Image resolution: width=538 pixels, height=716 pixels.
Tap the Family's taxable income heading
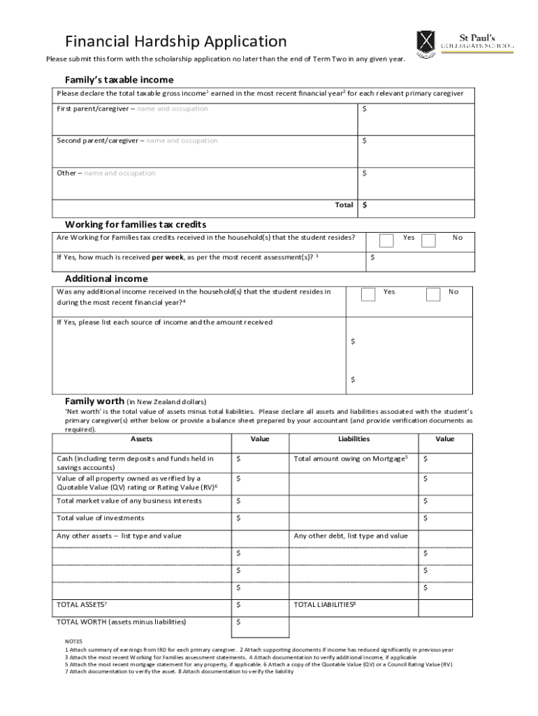(x=119, y=80)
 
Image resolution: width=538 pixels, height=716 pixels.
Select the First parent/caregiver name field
(x=206, y=118)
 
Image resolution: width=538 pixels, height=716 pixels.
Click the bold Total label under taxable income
(x=344, y=206)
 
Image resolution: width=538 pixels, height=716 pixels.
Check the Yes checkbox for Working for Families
(x=386, y=241)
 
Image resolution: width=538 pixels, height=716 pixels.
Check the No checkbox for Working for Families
(x=429, y=241)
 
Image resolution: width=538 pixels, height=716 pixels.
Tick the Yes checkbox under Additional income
(x=368, y=294)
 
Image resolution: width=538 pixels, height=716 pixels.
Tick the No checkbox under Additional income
(x=432, y=294)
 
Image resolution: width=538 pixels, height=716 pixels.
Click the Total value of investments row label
(x=101, y=518)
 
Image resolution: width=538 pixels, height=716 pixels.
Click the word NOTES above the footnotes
(x=73, y=641)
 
